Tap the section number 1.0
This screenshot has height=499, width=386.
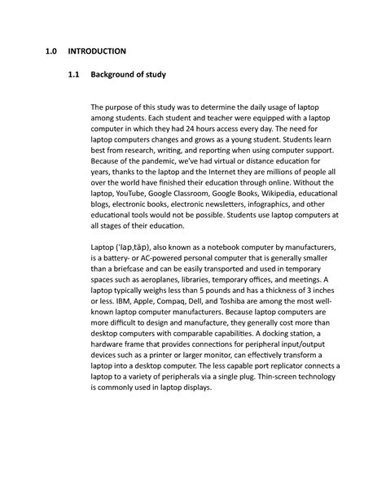pos(53,51)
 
